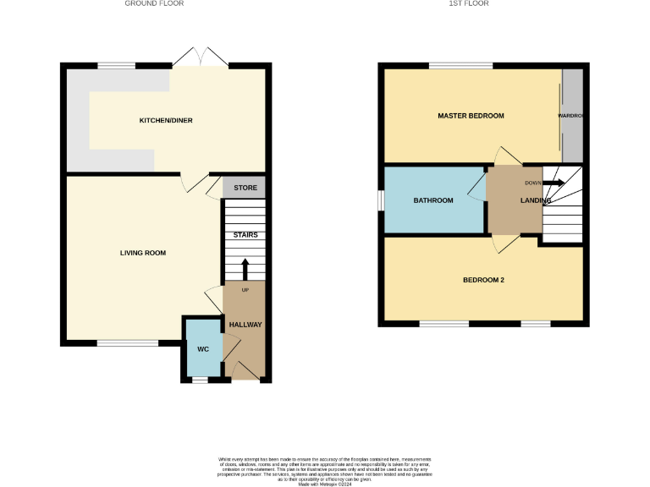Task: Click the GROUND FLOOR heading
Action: (154, 3)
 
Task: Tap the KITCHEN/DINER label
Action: (166, 121)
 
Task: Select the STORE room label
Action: (245, 188)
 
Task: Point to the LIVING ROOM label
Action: (142, 253)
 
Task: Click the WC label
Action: (203, 347)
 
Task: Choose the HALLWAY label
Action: (245, 325)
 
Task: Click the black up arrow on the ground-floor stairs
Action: (245, 269)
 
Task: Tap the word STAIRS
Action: (245, 235)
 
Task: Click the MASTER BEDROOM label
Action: (471, 116)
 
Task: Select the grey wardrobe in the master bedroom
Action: (573, 115)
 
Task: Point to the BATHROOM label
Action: (433, 200)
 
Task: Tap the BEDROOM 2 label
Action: (483, 280)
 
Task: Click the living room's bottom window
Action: (127, 342)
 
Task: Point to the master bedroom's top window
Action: (461, 65)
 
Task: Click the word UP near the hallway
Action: (246, 290)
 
